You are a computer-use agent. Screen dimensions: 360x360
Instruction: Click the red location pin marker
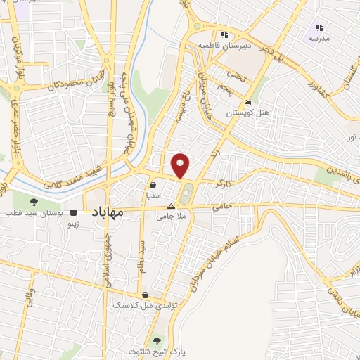[181, 164]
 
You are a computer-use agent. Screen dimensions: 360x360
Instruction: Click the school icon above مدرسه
[318, 27]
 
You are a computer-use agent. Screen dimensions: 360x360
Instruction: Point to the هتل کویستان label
[243, 112]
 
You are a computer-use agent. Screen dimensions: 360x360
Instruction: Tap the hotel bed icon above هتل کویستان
[248, 101]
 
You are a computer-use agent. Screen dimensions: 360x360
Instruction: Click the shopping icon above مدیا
[153, 186]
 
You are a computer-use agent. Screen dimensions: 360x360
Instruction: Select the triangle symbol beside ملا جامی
[172, 206]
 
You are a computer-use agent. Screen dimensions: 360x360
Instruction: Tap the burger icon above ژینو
[74, 212]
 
